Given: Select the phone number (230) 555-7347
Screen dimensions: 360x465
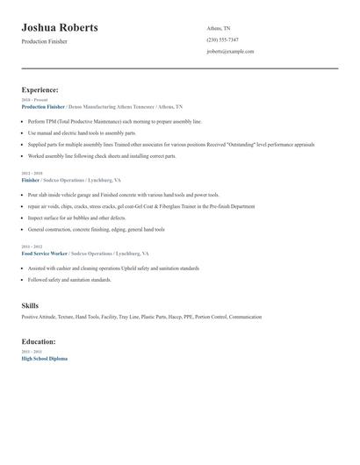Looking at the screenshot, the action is pos(222,39).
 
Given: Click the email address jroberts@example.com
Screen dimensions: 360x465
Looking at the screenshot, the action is pos(230,51).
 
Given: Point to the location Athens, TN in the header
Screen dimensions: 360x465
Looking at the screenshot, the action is pos(219,28).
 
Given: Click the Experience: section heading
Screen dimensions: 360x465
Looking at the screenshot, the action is pos(40,89).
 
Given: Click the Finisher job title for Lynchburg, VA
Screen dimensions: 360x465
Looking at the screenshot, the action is pos(32,179).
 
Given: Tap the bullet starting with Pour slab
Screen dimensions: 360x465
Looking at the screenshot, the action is pos(123,194).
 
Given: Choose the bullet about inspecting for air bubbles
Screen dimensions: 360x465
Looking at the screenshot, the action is pos(77,217).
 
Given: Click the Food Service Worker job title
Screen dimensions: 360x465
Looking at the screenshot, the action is pos(44,253).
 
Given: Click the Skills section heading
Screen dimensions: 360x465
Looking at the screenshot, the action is pos(30,304).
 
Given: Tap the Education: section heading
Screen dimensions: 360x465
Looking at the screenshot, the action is pos(39,341).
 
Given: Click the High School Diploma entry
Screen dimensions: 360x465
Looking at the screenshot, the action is pos(44,358).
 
